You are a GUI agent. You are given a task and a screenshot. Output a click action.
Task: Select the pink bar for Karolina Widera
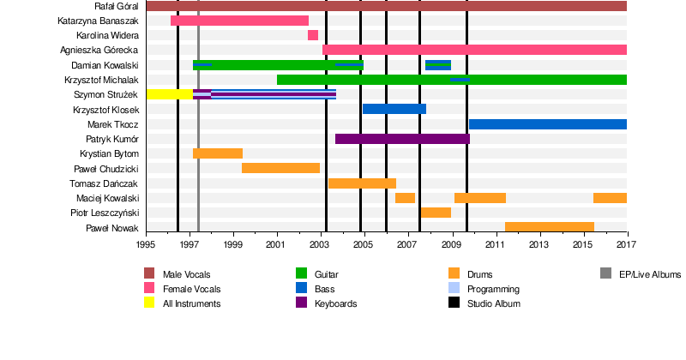pos(313,35)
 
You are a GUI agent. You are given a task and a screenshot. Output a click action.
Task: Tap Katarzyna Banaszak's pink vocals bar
pos(239,21)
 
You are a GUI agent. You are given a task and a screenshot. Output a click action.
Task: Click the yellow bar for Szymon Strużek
pos(169,93)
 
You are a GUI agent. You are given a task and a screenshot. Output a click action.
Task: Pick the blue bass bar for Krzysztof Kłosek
pos(394,109)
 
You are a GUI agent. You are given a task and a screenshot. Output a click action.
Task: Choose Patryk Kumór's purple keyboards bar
pos(402,138)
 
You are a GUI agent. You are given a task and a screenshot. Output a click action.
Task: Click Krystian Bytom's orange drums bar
pos(218,153)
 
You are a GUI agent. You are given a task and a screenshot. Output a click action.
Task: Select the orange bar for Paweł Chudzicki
pos(280,168)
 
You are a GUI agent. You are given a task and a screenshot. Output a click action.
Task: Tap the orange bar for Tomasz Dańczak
pos(362,183)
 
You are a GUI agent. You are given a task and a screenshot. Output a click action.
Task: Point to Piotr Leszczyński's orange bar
pos(436,212)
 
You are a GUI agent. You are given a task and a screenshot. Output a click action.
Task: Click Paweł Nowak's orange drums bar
pos(550,226)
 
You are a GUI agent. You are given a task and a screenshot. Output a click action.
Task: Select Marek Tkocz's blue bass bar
pos(548,124)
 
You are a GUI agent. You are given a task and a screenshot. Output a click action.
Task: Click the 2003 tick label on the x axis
pos(320,245)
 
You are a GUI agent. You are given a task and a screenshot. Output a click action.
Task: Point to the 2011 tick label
pos(495,245)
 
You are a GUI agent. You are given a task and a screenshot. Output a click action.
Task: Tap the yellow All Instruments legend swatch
pos(149,303)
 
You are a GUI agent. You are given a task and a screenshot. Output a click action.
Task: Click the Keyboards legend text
pos(335,303)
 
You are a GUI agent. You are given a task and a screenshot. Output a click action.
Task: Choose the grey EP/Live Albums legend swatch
pos(606,274)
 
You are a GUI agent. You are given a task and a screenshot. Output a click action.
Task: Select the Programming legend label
pos(493,289)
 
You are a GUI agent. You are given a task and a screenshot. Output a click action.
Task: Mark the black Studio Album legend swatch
pos(454,303)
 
